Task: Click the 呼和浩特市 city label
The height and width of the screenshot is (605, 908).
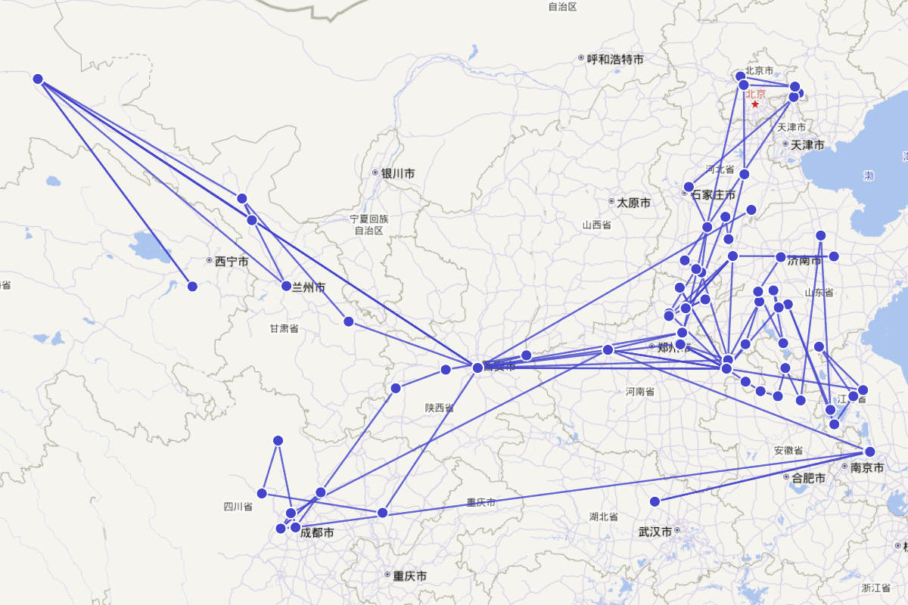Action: click(615, 58)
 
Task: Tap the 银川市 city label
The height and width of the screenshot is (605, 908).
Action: click(397, 173)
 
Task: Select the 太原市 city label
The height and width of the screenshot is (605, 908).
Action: click(633, 203)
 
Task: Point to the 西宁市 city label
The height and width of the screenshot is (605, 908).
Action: click(231, 262)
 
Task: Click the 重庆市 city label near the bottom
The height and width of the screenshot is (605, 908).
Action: click(409, 576)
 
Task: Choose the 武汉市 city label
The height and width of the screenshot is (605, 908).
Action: click(655, 532)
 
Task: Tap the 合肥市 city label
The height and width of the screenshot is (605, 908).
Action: click(808, 477)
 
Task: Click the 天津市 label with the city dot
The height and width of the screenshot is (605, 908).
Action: click(807, 144)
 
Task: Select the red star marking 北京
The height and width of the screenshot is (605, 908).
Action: click(755, 104)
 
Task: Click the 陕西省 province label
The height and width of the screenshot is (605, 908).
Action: click(439, 408)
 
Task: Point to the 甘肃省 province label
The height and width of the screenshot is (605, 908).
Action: click(284, 328)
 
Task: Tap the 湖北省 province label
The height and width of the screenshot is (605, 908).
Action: click(604, 517)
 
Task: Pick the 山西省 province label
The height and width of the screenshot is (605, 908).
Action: click(596, 225)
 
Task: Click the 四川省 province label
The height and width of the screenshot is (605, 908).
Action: click(238, 507)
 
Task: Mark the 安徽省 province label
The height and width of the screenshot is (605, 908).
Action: click(788, 451)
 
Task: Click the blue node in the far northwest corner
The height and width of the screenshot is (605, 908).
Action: click(38, 79)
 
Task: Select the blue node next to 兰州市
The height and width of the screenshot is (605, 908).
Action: click(286, 286)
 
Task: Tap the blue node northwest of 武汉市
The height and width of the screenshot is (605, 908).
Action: click(655, 501)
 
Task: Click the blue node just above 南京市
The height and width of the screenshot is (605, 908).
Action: click(869, 451)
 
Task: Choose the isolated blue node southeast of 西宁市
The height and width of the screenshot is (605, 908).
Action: click(192, 286)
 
